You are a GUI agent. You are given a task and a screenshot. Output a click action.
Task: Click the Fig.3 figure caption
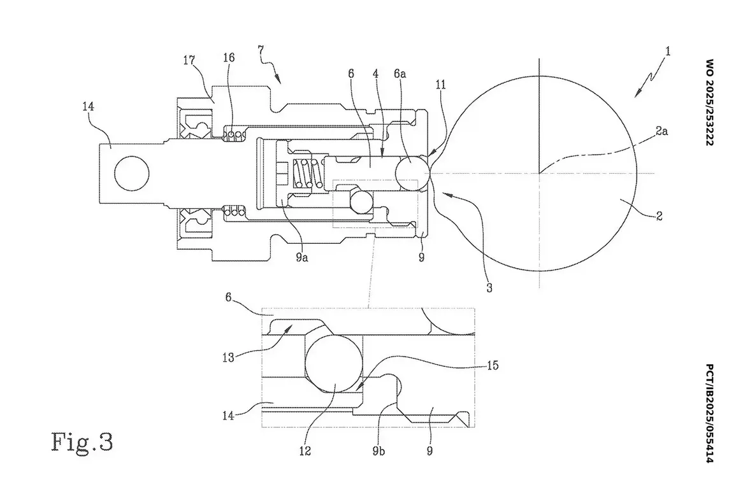(82, 442)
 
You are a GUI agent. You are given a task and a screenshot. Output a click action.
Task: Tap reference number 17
(189, 60)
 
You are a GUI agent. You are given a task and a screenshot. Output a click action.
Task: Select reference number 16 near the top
(229, 58)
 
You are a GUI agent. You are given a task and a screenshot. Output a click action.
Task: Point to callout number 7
(261, 50)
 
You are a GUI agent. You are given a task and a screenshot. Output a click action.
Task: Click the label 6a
(400, 74)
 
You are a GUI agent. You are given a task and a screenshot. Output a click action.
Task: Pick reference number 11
(440, 85)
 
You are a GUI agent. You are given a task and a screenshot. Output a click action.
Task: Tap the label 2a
(662, 131)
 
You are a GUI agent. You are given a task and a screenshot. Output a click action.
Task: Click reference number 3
(489, 287)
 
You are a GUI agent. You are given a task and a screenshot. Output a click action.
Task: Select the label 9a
(302, 257)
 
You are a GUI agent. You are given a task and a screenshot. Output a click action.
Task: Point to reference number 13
(228, 358)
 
